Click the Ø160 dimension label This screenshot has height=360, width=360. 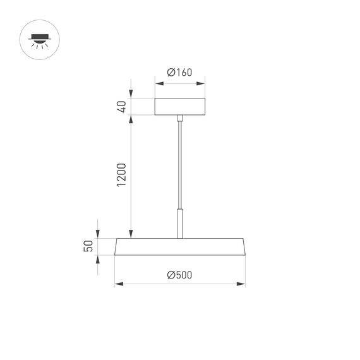pos(179,73)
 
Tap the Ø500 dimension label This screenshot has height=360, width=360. pos(179,275)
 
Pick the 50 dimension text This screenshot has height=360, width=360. pos(89,246)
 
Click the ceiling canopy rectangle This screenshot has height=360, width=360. pos(179,106)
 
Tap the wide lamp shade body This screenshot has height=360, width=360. pos(179,247)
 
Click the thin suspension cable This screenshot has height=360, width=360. pos(180,164)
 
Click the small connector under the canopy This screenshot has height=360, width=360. pos(180,118)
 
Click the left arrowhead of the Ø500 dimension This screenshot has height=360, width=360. pos(117,284)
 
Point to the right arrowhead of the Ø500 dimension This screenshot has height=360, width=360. pos(242,284)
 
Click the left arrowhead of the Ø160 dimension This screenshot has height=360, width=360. pos(157,82)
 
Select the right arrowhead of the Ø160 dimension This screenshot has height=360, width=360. pos(202,82)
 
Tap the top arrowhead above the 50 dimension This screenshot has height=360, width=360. pos(98,234)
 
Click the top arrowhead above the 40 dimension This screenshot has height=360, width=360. pos(131,95)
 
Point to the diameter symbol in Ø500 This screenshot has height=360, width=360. pos(171,275)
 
